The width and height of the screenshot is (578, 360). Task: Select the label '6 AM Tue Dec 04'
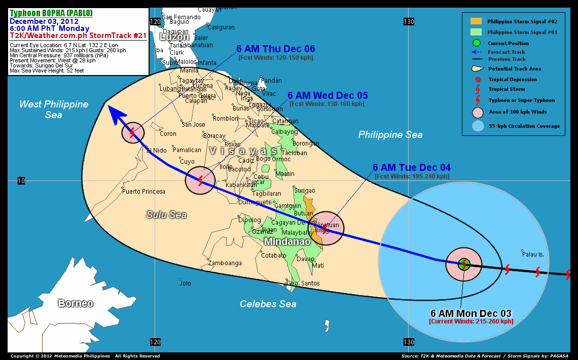(411, 167)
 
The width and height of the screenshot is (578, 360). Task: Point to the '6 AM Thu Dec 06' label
(276, 49)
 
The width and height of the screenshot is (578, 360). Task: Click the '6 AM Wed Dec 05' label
(328, 95)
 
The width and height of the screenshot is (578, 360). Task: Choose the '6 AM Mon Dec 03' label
(471, 313)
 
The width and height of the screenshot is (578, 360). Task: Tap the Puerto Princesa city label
(144, 192)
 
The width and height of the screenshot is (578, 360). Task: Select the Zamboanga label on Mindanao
(225, 263)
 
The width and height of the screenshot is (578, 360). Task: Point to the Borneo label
(76, 303)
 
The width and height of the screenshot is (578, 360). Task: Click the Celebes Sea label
(268, 304)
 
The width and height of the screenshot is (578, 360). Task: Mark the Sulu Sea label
(166, 214)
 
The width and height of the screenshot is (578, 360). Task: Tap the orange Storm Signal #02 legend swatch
(476, 21)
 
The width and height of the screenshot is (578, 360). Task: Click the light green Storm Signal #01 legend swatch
(476, 32)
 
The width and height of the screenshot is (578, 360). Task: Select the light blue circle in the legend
(478, 126)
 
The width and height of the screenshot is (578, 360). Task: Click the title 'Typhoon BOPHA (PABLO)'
(51, 13)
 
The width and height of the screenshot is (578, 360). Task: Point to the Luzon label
(174, 37)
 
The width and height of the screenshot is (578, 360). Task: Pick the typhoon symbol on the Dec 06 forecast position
(132, 133)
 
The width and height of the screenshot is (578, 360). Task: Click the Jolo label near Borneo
(186, 283)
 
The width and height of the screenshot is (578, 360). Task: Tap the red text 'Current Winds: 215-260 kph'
(471, 321)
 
